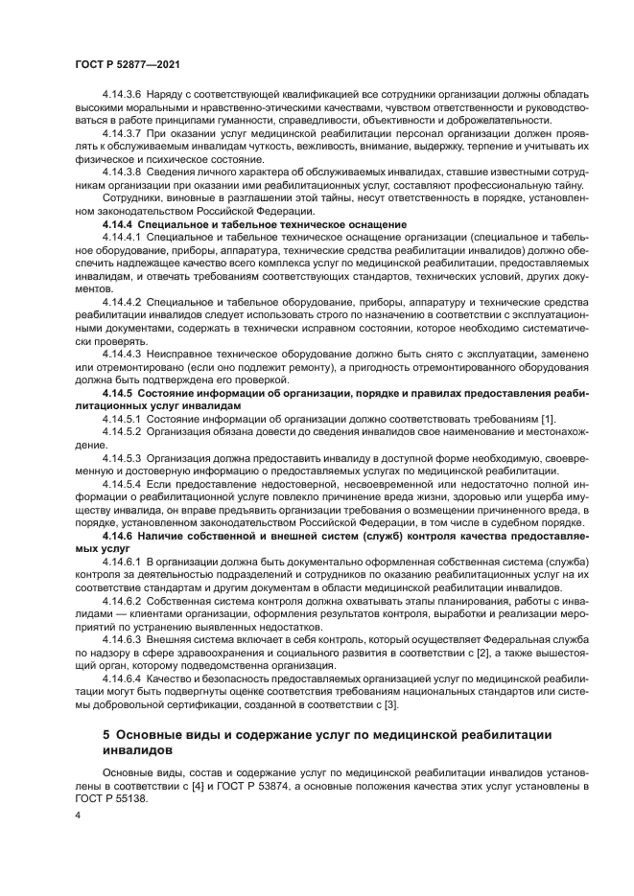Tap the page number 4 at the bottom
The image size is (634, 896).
coord(78,815)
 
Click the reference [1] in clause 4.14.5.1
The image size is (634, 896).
coord(547,419)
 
